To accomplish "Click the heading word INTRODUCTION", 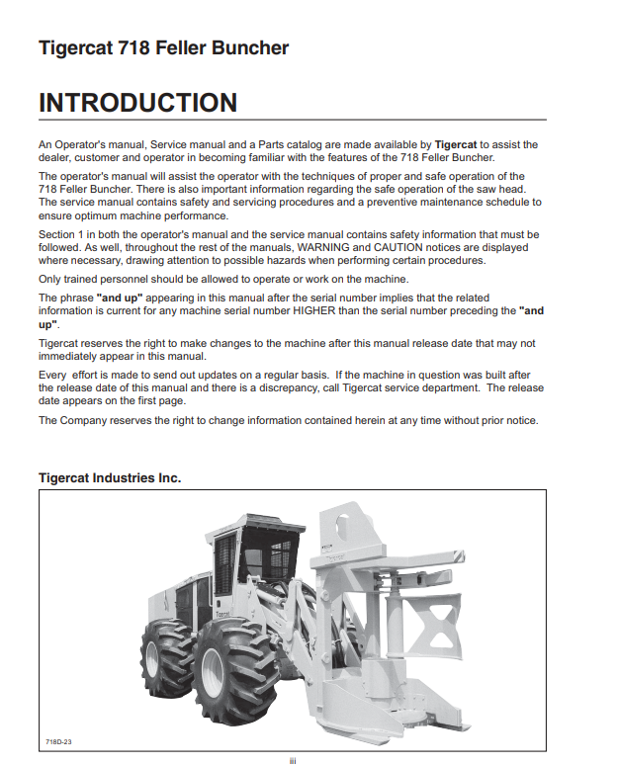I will point(137,103).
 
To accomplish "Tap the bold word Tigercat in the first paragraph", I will point(456,144).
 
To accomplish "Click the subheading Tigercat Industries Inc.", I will point(110,477).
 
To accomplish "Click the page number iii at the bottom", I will point(293,759).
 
